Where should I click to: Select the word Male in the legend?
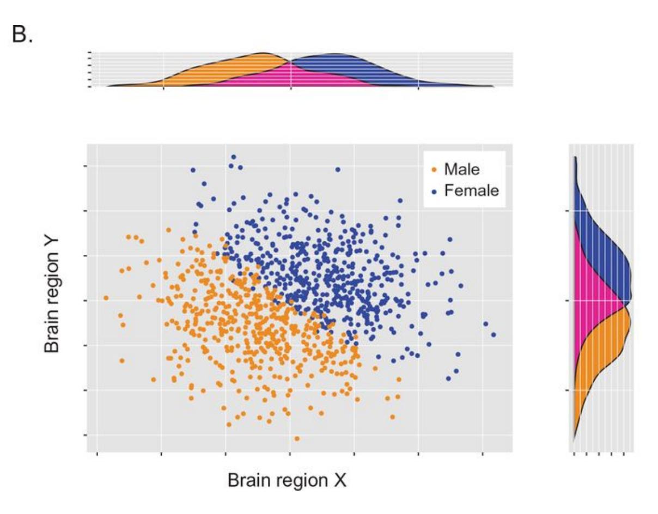click(x=462, y=169)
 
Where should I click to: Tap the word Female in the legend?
click(x=472, y=191)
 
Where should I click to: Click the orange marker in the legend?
click(x=434, y=170)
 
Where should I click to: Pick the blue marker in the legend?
click(x=434, y=191)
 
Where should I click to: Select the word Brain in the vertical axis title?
click(x=52, y=327)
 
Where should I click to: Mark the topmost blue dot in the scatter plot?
click(x=234, y=157)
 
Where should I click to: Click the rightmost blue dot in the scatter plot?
click(x=493, y=335)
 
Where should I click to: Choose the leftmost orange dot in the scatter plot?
click(x=106, y=298)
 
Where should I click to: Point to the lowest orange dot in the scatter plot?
click(x=297, y=438)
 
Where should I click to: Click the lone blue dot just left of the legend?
click(x=338, y=169)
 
